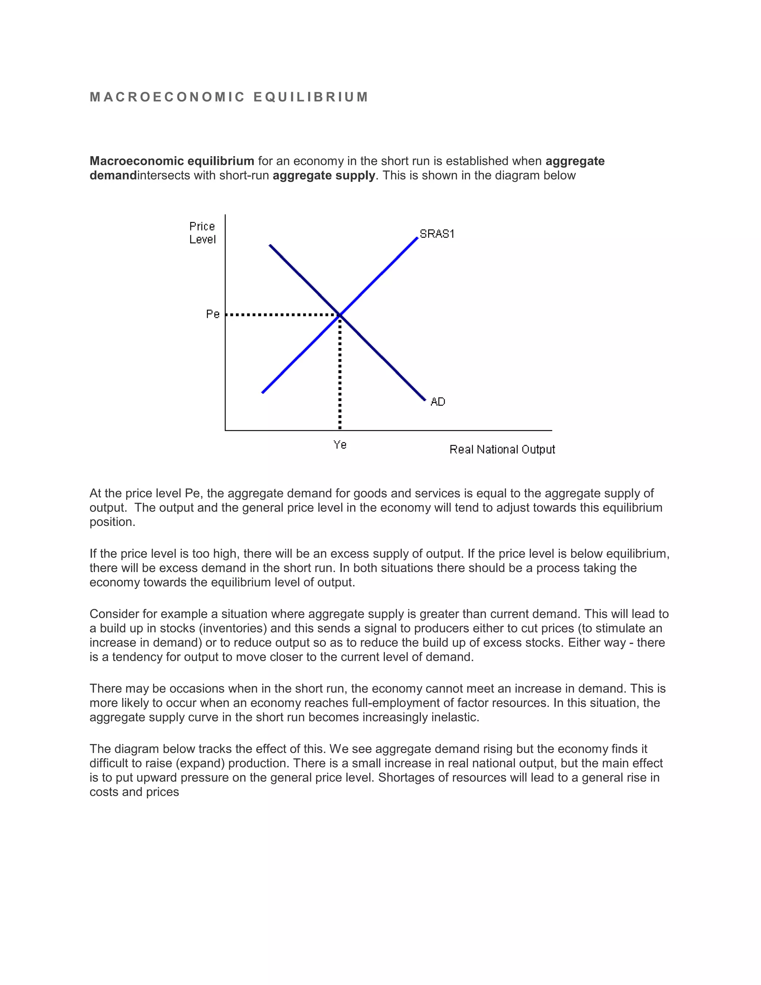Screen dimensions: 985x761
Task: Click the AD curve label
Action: tap(437, 401)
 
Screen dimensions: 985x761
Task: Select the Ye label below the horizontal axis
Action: tap(340, 445)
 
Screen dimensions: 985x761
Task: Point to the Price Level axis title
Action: tap(202, 233)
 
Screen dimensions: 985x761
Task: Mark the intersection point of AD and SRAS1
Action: tap(340, 315)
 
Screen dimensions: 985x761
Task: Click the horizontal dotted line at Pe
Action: tap(279, 315)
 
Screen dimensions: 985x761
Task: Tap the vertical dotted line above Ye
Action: tap(340, 374)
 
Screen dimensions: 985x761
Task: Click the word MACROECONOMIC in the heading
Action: tap(167, 97)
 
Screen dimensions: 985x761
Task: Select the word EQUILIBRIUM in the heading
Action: tap(311, 97)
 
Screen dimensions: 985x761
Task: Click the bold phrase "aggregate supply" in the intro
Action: tap(324, 175)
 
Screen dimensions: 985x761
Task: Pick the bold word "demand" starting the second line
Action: tap(113, 175)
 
